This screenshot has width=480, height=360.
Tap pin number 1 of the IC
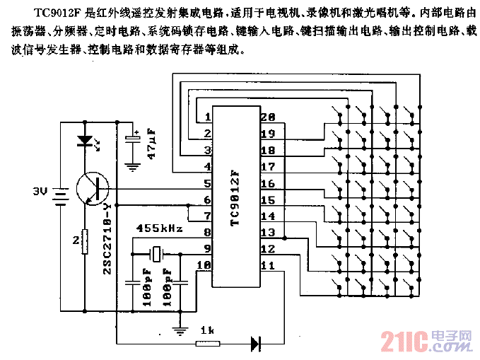208,117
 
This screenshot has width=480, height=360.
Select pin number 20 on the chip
267,117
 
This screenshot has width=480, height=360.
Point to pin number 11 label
267,266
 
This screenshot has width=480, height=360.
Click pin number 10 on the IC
204,266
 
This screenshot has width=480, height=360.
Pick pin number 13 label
267,233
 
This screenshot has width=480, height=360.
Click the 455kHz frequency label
159,229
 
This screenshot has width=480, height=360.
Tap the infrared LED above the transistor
86,141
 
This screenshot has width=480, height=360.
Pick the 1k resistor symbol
207,344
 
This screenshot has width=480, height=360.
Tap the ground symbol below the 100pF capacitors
182,330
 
